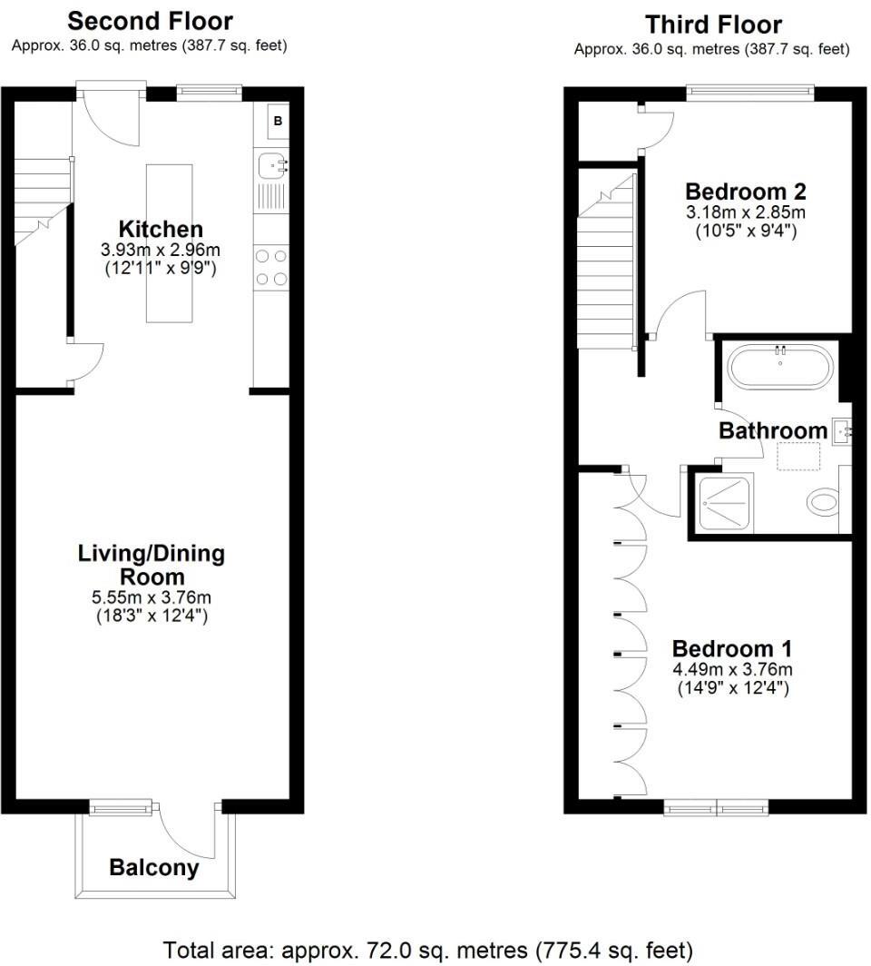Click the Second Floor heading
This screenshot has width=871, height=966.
(150, 21)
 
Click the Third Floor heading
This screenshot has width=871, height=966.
(712, 25)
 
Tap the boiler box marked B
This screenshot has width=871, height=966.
(278, 120)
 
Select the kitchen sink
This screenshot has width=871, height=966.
(271, 165)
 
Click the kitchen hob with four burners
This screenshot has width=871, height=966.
(271, 268)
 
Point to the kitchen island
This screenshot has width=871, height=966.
(169, 242)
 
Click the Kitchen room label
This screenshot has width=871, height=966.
(161, 230)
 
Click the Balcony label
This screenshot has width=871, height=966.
(153, 867)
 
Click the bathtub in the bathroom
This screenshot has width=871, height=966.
(781, 368)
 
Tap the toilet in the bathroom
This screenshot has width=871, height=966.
(824, 501)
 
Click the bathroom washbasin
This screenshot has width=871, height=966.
(840, 429)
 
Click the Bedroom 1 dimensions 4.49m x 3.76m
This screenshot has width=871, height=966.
(732, 670)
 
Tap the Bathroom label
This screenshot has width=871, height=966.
(773, 430)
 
